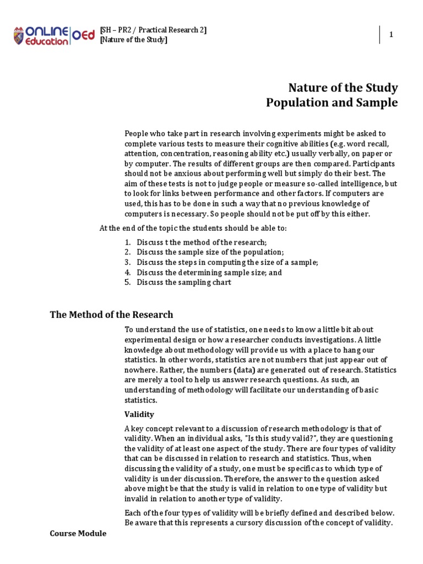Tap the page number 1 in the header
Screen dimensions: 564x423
392,35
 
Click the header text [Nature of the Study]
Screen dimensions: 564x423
133,40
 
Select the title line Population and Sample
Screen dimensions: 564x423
332,103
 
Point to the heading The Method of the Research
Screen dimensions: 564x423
111,314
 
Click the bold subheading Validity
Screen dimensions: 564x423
139,414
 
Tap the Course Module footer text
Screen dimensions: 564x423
78,534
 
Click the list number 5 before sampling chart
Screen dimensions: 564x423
127,283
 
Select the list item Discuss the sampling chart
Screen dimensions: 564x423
184,283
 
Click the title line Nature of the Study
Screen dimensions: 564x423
343,88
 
